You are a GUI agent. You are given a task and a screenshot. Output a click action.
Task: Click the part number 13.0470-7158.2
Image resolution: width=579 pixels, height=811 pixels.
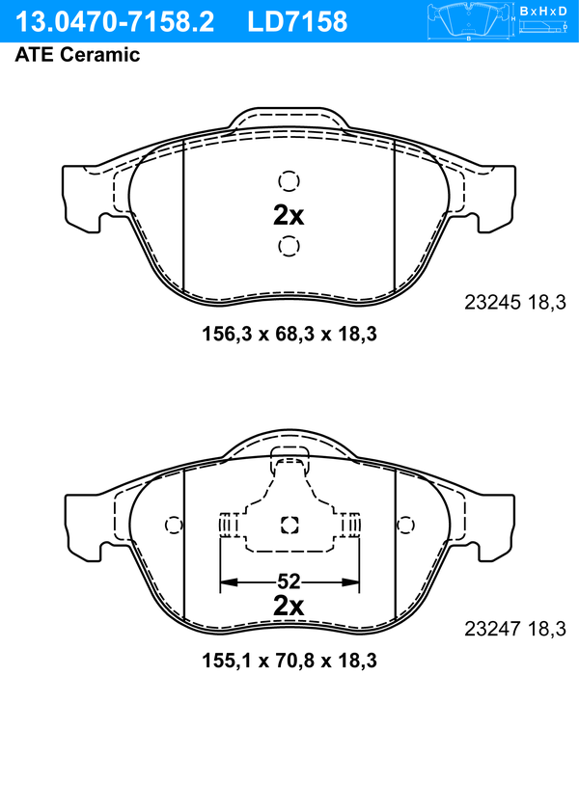115,22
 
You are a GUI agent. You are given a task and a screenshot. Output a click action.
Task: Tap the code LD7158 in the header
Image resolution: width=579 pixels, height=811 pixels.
297,22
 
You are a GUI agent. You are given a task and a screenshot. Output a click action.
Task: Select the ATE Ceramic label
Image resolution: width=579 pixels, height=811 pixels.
77,54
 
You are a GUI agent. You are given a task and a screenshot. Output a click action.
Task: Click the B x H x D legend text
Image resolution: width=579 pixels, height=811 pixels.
543,11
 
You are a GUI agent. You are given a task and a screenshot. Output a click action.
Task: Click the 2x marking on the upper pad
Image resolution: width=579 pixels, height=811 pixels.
289,215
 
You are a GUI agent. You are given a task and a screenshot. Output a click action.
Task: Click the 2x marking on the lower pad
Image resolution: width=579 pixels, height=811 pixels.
289,606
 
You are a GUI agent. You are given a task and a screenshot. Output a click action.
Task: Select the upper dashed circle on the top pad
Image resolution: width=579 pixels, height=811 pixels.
289,181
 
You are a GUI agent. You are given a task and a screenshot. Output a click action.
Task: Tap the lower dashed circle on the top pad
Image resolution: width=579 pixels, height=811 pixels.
289,246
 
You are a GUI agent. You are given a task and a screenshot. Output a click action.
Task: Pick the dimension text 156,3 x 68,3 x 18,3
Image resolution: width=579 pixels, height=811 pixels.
289,334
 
